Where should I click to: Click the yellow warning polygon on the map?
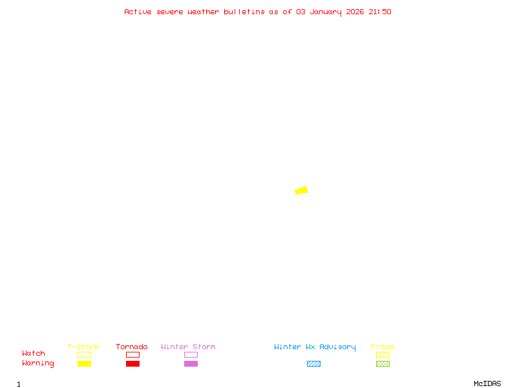(x=301, y=190)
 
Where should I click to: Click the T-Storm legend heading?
(x=83, y=347)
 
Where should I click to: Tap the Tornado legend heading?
(x=132, y=347)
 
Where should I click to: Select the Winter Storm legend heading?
(x=188, y=347)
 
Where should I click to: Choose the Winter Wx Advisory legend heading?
(x=315, y=347)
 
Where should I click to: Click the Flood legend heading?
(x=383, y=347)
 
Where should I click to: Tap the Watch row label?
(x=34, y=354)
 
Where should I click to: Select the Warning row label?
(x=38, y=363)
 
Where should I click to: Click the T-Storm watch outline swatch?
(x=84, y=354)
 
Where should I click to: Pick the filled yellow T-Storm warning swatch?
(x=84, y=363)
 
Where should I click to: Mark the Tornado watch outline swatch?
(x=132, y=354)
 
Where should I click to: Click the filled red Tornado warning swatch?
(x=132, y=363)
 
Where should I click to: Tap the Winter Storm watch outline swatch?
(x=191, y=354)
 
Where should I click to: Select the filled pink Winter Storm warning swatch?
(x=191, y=363)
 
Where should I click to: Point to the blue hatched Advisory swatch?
(x=313, y=363)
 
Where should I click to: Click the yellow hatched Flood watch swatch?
(x=383, y=354)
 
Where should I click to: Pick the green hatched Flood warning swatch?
(x=383, y=363)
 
